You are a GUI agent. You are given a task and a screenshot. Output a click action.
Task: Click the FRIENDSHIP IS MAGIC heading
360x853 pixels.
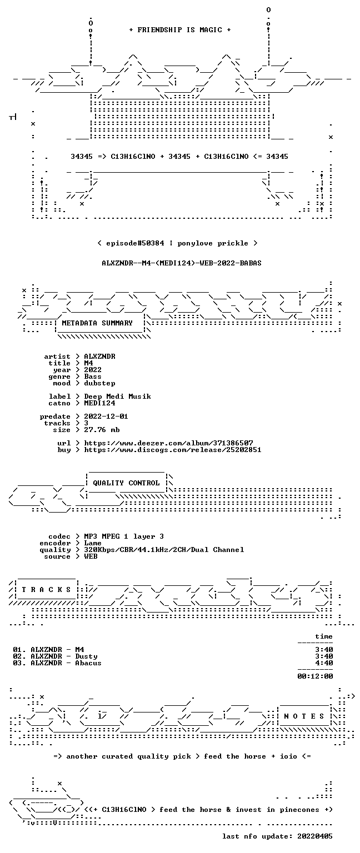[180, 29]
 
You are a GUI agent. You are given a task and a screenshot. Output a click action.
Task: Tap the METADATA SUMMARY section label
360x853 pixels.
[97, 323]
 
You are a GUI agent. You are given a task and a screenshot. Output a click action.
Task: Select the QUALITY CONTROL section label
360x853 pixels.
[126, 483]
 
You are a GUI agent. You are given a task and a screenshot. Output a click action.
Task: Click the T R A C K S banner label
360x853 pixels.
[47, 589]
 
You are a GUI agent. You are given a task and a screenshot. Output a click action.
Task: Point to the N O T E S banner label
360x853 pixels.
[304, 716]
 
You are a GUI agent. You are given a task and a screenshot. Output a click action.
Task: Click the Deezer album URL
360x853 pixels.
[168, 443]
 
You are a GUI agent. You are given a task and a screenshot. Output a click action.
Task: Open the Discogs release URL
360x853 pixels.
[173, 450]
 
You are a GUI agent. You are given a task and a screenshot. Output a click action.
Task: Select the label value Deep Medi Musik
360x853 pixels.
[117, 397]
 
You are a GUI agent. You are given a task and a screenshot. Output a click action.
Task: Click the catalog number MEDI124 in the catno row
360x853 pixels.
[99, 403]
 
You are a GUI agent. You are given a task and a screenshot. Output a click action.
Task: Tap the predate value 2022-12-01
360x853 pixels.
[106, 416]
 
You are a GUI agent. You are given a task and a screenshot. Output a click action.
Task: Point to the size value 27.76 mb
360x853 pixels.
[102, 429]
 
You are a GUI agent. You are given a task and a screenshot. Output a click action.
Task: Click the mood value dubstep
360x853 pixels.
[99, 383]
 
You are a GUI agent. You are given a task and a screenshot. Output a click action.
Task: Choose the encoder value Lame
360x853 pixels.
[93, 543]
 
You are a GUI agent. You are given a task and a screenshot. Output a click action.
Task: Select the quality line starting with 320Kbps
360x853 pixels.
[164, 549]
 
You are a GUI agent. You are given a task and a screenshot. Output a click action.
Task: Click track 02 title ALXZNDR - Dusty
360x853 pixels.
[64, 656]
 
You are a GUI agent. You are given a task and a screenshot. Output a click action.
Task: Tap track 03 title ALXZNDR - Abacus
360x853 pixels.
[66, 663]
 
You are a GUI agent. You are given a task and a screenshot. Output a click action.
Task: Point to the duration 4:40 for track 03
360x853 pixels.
[324, 663]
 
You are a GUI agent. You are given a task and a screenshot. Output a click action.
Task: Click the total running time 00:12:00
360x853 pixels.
[315, 676]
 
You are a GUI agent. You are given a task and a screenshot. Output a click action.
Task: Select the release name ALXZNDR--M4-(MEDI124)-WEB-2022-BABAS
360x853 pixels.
[182, 263]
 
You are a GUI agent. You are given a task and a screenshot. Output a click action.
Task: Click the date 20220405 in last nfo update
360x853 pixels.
[315, 836]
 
